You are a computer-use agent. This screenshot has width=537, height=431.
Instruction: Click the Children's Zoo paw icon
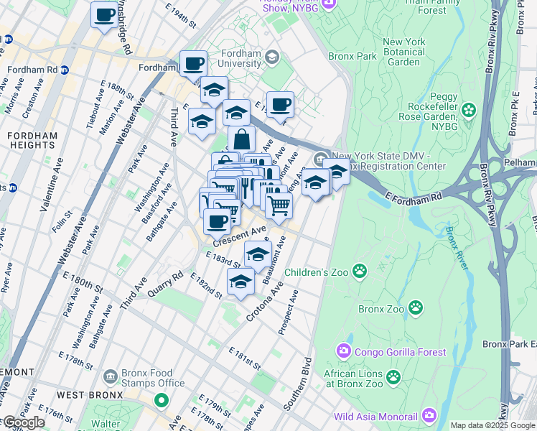pos(359,272)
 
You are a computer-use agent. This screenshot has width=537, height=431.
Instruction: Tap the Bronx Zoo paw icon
pos(416,308)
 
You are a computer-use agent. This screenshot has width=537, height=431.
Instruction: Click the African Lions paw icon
pos(393,376)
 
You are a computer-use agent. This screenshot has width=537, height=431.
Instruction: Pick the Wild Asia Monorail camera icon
pos(429,414)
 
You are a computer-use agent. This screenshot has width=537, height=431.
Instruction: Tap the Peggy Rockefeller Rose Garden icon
pos(469,110)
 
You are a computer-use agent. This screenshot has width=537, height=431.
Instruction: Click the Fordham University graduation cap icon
pos(272,56)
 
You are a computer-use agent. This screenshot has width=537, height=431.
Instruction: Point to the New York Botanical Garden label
pos(413,52)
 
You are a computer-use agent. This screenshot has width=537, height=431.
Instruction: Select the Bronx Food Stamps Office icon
pos(110,376)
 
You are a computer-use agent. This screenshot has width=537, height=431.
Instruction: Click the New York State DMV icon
pos(319,158)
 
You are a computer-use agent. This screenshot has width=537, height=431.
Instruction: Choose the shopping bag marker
pos(242,139)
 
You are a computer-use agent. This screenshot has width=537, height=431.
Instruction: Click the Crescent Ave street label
pos(239,235)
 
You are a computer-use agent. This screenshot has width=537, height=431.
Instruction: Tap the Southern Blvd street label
pos(299,384)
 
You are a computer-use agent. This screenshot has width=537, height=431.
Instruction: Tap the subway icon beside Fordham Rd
pos(65,70)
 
